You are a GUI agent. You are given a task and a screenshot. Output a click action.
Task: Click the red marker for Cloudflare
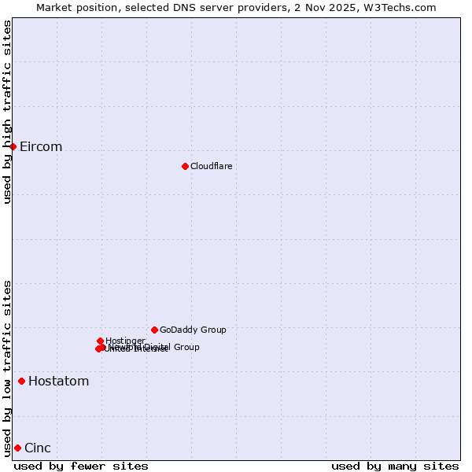[x=185, y=166]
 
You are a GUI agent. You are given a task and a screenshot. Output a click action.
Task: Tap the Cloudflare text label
[x=211, y=166]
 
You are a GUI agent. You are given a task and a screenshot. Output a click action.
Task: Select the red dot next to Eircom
[x=13, y=146]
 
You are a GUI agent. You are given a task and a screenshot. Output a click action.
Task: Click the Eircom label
[x=41, y=147]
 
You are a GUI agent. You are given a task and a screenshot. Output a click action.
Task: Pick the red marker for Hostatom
[x=21, y=381]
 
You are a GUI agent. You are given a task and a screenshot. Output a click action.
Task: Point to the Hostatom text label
[x=58, y=382]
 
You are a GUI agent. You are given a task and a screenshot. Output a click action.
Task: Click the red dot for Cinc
[x=17, y=448]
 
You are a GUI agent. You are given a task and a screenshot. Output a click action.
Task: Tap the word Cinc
[x=38, y=448]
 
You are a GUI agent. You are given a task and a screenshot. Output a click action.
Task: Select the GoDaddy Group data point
[x=154, y=330]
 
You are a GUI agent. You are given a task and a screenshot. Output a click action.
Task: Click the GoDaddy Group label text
[x=193, y=330]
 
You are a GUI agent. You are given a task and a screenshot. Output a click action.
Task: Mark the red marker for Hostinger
[x=100, y=341]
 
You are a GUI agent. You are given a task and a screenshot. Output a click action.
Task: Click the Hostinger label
[x=125, y=341]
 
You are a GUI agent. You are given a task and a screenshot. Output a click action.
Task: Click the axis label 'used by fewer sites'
[x=81, y=466]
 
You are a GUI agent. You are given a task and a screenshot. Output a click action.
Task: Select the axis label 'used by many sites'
[x=395, y=466]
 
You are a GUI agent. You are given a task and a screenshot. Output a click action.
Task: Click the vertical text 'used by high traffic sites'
[x=7, y=112]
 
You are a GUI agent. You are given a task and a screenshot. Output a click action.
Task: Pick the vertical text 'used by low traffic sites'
[x=7, y=367]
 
